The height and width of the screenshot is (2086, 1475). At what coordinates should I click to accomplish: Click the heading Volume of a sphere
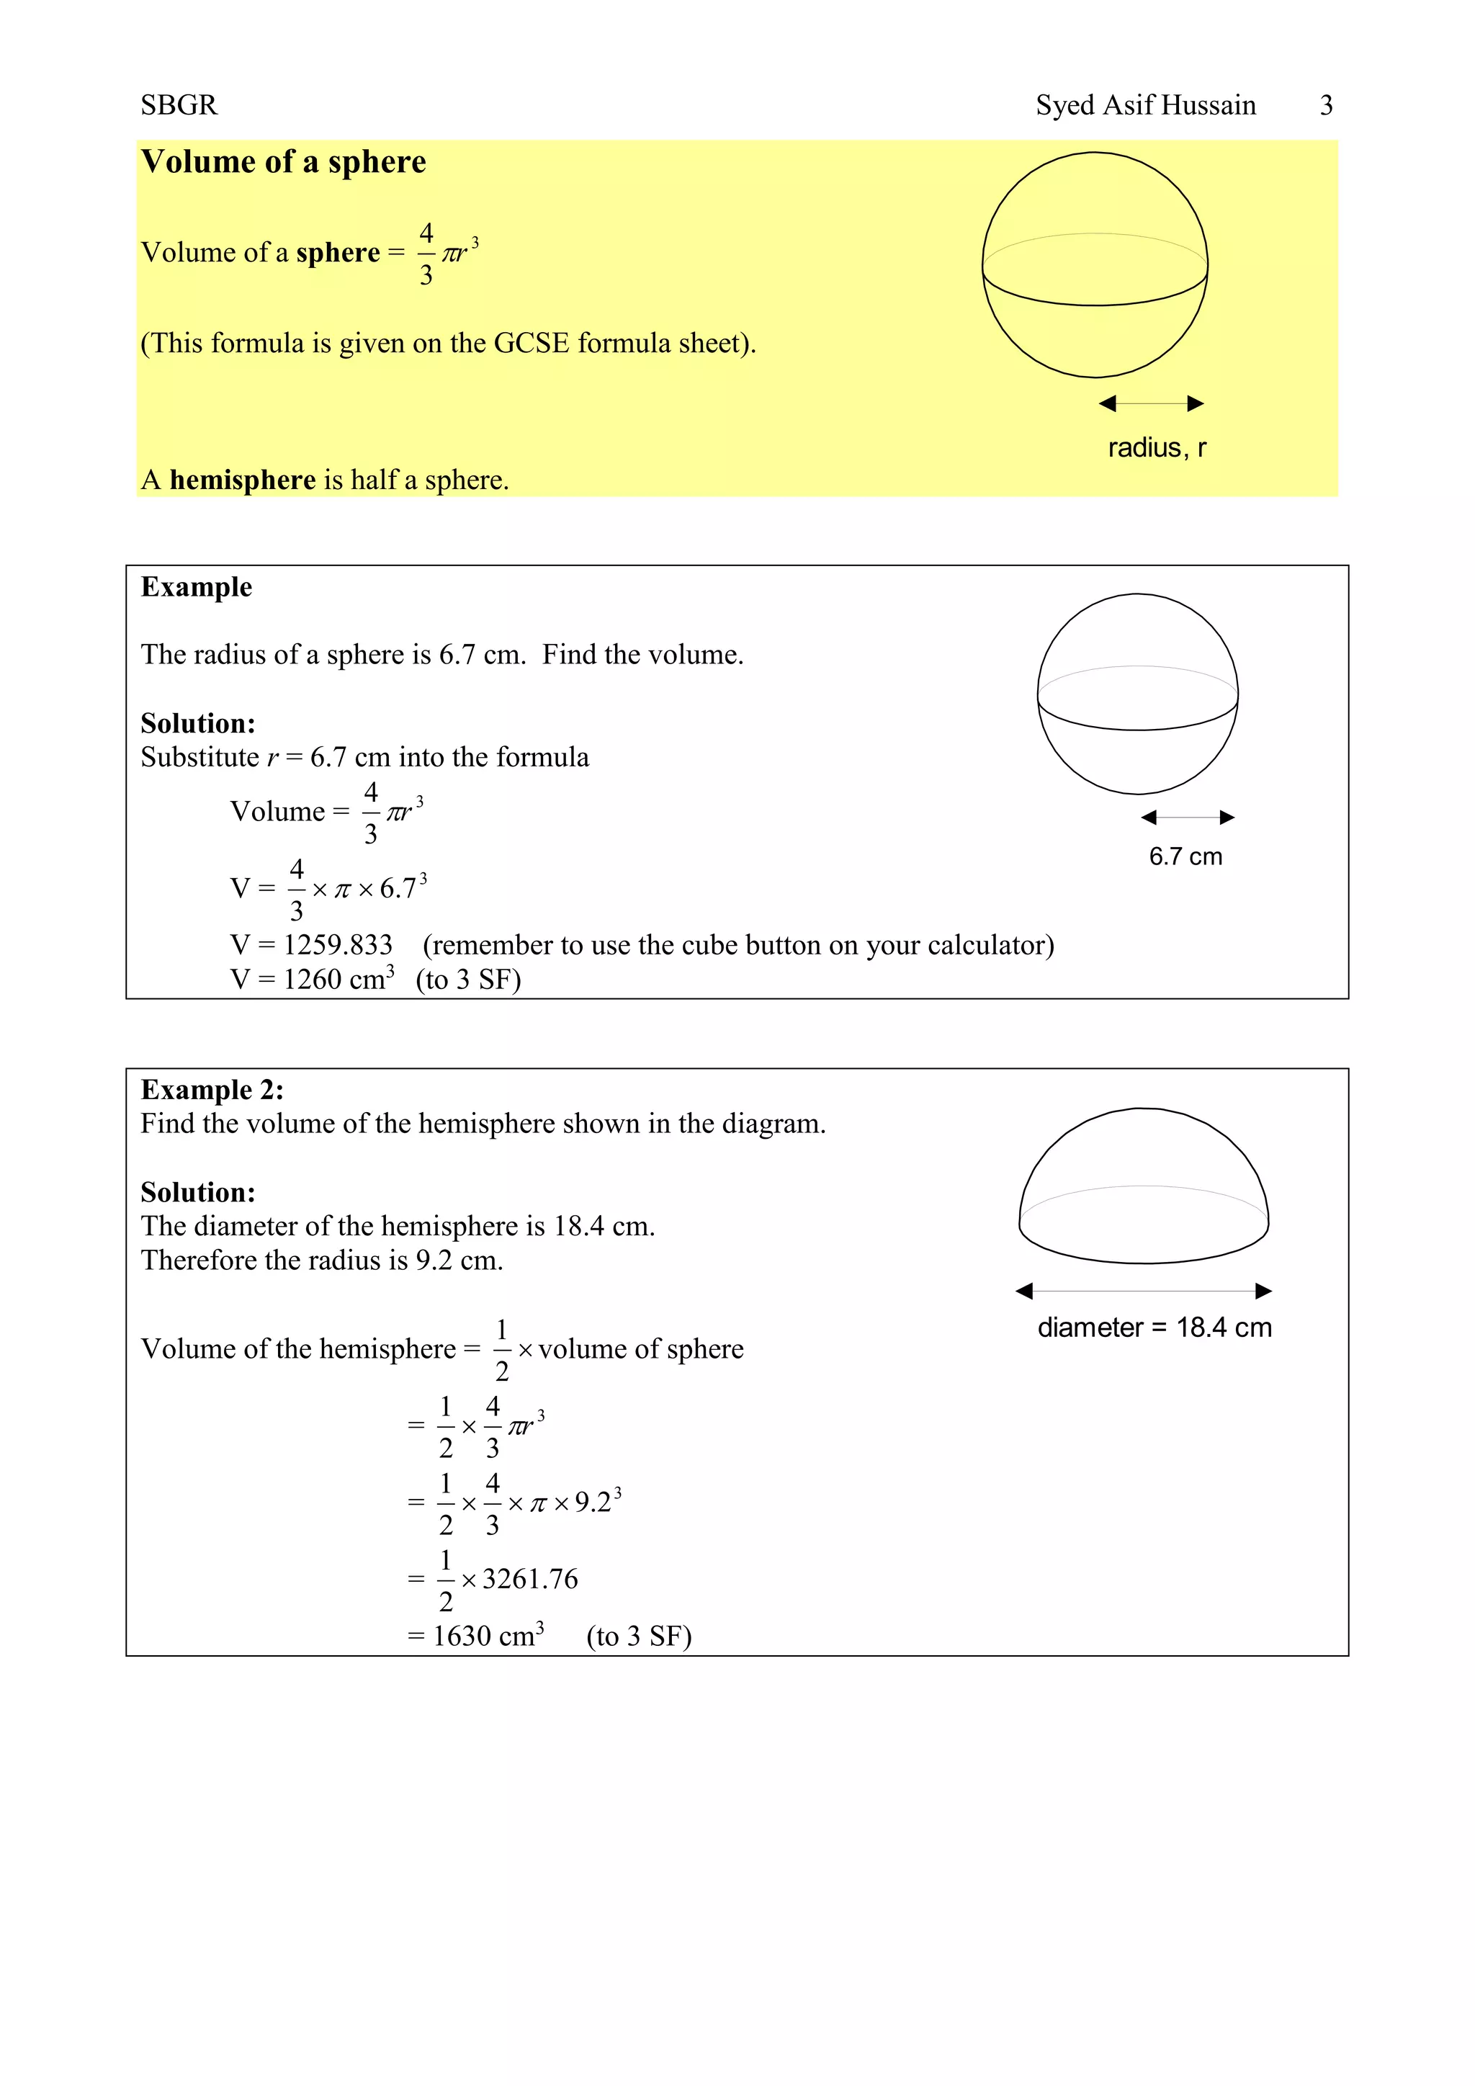pyautogui.click(x=283, y=162)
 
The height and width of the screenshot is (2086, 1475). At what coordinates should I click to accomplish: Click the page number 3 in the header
pyautogui.click(x=1325, y=105)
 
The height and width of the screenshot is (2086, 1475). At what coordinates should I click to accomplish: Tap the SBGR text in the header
pyautogui.click(x=179, y=105)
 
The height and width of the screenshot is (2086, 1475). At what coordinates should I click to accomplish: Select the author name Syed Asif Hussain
pyautogui.click(x=1145, y=105)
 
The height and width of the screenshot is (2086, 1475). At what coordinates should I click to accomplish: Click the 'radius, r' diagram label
pyautogui.click(x=1156, y=448)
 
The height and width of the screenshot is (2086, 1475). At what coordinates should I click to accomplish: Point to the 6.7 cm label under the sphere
pyautogui.click(x=1185, y=856)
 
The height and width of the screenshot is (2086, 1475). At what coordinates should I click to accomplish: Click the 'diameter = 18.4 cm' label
pyautogui.click(x=1155, y=1328)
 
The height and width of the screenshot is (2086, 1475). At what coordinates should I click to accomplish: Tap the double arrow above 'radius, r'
pyautogui.click(x=1151, y=403)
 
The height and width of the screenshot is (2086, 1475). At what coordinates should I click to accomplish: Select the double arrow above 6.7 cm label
pyautogui.click(x=1187, y=817)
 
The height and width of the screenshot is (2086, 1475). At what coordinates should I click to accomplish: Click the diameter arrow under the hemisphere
pyautogui.click(x=1144, y=1290)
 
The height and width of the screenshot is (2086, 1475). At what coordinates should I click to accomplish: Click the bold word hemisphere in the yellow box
pyautogui.click(x=243, y=480)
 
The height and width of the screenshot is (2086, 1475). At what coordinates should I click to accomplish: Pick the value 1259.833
pyautogui.click(x=338, y=945)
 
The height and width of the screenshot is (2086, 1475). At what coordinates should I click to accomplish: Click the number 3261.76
pyautogui.click(x=529, y=1579)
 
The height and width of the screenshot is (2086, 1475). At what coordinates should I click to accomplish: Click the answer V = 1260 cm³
pyautogui.click(x=313, y=980)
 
